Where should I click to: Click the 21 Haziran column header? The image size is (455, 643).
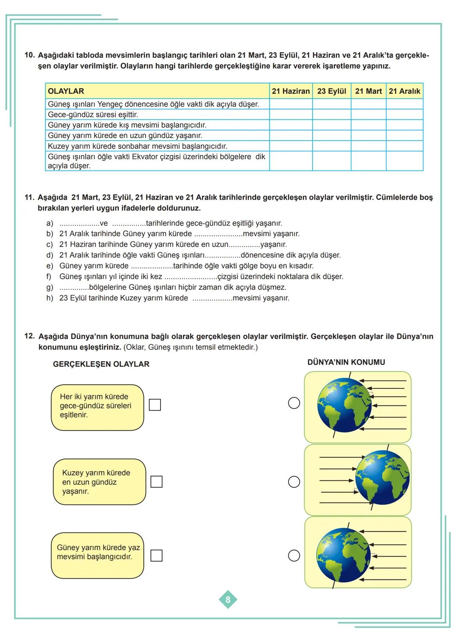coord(291,91)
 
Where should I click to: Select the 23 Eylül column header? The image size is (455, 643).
coord(332,91)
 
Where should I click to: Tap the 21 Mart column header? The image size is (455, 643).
coord(368,91)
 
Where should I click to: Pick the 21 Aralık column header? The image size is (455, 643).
coord(404,91)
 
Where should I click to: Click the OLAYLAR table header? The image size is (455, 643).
coord(66,91)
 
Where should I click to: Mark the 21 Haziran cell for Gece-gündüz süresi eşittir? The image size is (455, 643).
coord(291,115)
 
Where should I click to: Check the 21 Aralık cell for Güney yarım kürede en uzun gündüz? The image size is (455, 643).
coord(404,136)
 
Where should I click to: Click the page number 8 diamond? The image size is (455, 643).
coord(228,600)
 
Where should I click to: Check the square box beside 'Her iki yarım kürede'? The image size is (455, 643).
coord(155,405)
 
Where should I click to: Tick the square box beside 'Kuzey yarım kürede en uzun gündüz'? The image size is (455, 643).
coord(156,482)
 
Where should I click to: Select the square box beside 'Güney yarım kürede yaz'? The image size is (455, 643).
coord(156,555)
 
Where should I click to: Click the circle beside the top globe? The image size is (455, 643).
coord(294,403)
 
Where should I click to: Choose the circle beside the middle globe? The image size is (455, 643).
coord(294,482)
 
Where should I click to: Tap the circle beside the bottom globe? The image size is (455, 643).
coord(294,555)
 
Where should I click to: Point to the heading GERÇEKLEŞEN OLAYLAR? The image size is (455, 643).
coord(101,364)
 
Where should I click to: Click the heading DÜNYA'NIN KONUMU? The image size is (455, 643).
coord(346,362)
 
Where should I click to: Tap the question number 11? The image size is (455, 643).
coord(29,197)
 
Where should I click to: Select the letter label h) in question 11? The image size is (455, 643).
coord(50,298)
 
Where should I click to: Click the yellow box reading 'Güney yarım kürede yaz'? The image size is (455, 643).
coord(97,555)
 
